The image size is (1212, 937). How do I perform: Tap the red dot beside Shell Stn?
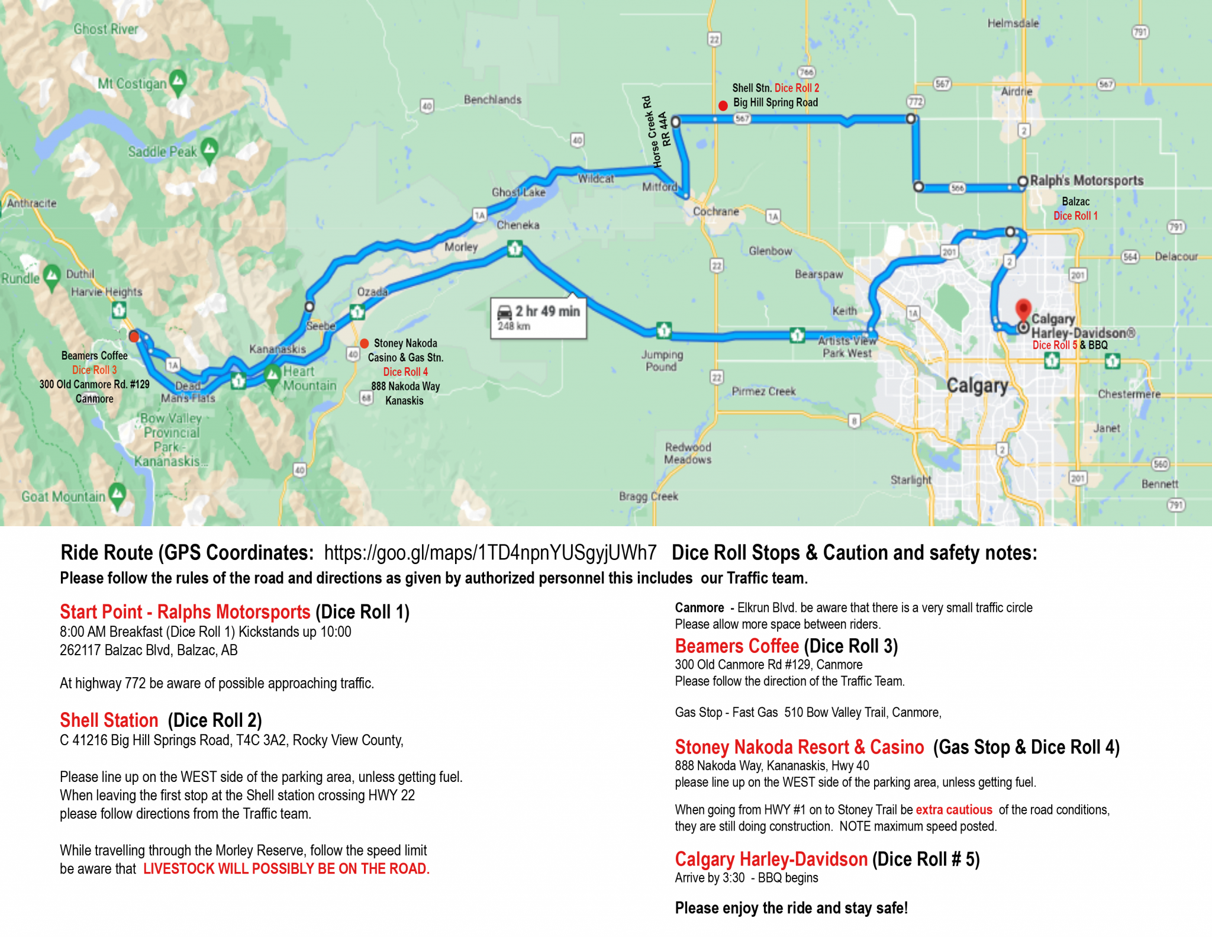[723, 106]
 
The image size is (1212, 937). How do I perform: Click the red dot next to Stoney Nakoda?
[365, 343]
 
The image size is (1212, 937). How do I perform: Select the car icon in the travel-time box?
[505, 312]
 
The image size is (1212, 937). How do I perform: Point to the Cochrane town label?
[715, 211]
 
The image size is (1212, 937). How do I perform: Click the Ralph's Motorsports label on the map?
[1087, 181]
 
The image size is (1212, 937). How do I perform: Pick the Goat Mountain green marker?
[117, 494]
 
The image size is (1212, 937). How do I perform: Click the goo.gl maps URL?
[490, 553]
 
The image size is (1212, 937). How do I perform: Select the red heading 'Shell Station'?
[109, 720]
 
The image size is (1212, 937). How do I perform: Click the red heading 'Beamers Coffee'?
[737, 646]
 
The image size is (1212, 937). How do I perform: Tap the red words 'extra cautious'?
[953, 810]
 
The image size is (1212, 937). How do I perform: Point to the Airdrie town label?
[1016, 92]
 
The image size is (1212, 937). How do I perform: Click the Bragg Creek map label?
[648, 496]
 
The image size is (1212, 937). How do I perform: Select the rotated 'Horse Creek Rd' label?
[651, 132]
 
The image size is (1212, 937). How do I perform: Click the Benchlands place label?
[492, 99]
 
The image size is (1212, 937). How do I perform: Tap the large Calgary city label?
[977, 385]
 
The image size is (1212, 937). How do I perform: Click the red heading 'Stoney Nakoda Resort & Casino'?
[799, 747]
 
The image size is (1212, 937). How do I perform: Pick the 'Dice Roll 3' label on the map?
[95, 370]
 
